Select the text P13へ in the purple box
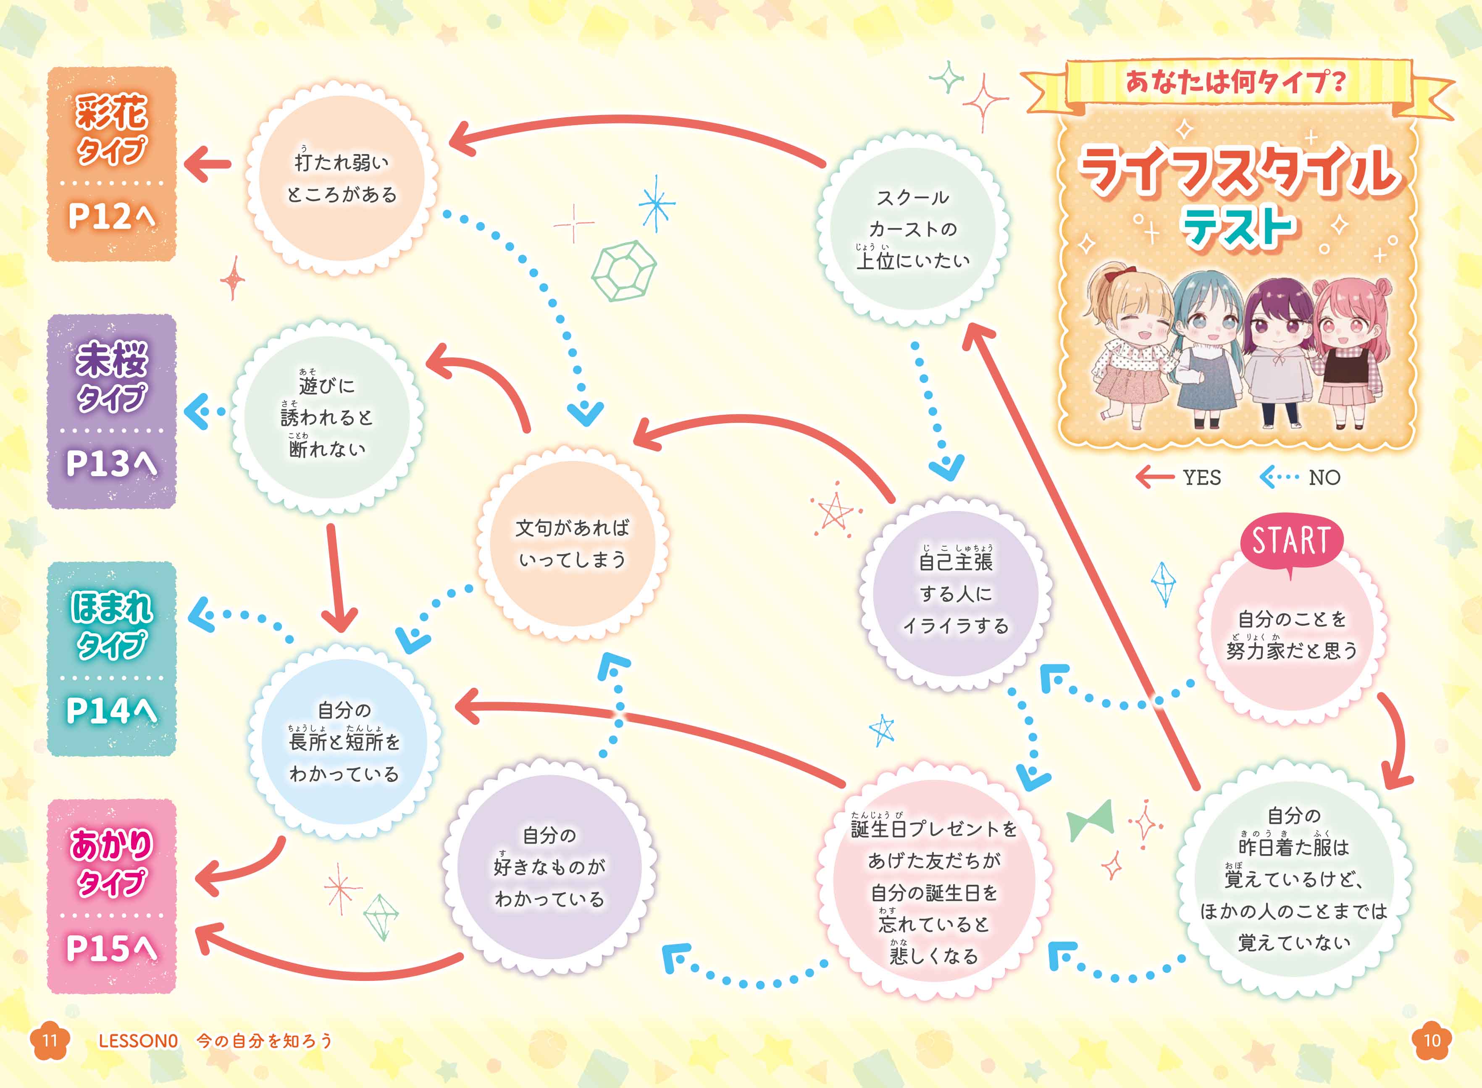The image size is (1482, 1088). [112, 463]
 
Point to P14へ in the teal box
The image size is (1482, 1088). [112, 710]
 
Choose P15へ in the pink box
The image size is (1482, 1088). [112, 948]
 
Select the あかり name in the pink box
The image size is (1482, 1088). [112, 844]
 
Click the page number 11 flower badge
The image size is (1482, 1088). [50, 1040]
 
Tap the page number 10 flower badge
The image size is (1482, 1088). [1432, 1040]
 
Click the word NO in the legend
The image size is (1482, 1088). [1324, 477]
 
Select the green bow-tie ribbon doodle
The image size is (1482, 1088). [1090, 820]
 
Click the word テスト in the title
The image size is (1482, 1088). [1239, 227]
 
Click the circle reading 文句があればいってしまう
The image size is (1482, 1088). [572, 542]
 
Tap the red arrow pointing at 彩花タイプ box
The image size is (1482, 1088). [208, 163]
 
